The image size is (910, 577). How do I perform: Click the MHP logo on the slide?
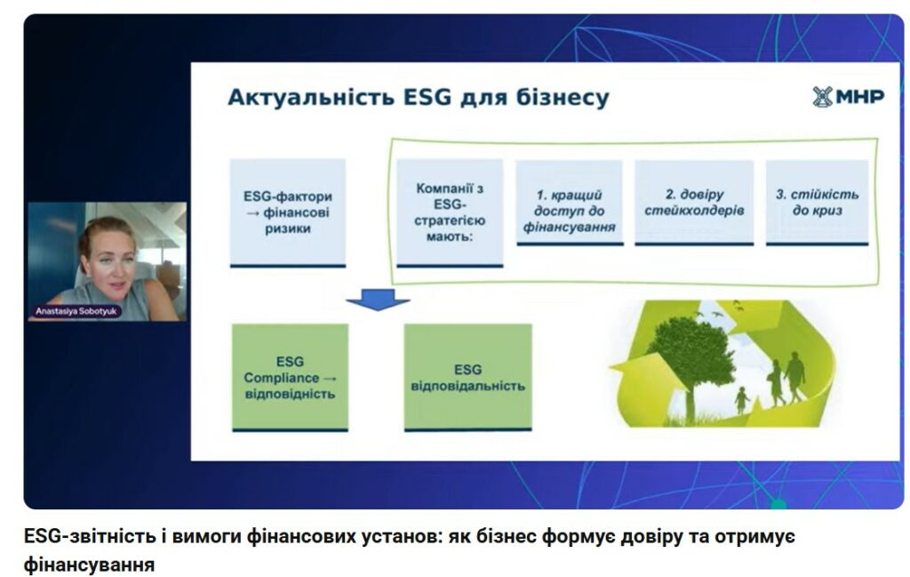[x=848, y=97]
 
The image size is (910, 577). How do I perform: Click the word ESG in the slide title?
[x=427, y=96]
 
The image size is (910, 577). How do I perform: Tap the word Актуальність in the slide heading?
[x=310, y=97]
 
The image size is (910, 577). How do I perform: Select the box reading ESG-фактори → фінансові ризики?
[x=288, y=213]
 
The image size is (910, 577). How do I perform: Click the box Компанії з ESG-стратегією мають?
[x=450, y=213]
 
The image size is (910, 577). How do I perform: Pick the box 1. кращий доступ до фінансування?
[x=570, y=204]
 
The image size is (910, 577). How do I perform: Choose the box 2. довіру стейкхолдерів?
[x=694, y=204]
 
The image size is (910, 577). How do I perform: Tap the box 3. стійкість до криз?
[x=818, y=204]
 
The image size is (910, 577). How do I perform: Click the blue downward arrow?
[x=378, y=300]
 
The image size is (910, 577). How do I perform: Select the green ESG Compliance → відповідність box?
[x=291, y=378]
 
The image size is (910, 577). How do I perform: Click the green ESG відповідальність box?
[x=467, y=378]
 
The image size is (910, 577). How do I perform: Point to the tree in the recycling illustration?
[x=691, y=360]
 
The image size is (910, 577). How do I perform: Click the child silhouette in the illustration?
[x=742, y=400]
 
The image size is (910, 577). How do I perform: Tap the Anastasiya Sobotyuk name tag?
[x=76, y=311]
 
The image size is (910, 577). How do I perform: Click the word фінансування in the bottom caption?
[x=90, y=565]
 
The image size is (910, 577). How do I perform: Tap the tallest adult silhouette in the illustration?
[x=794, y=377]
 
